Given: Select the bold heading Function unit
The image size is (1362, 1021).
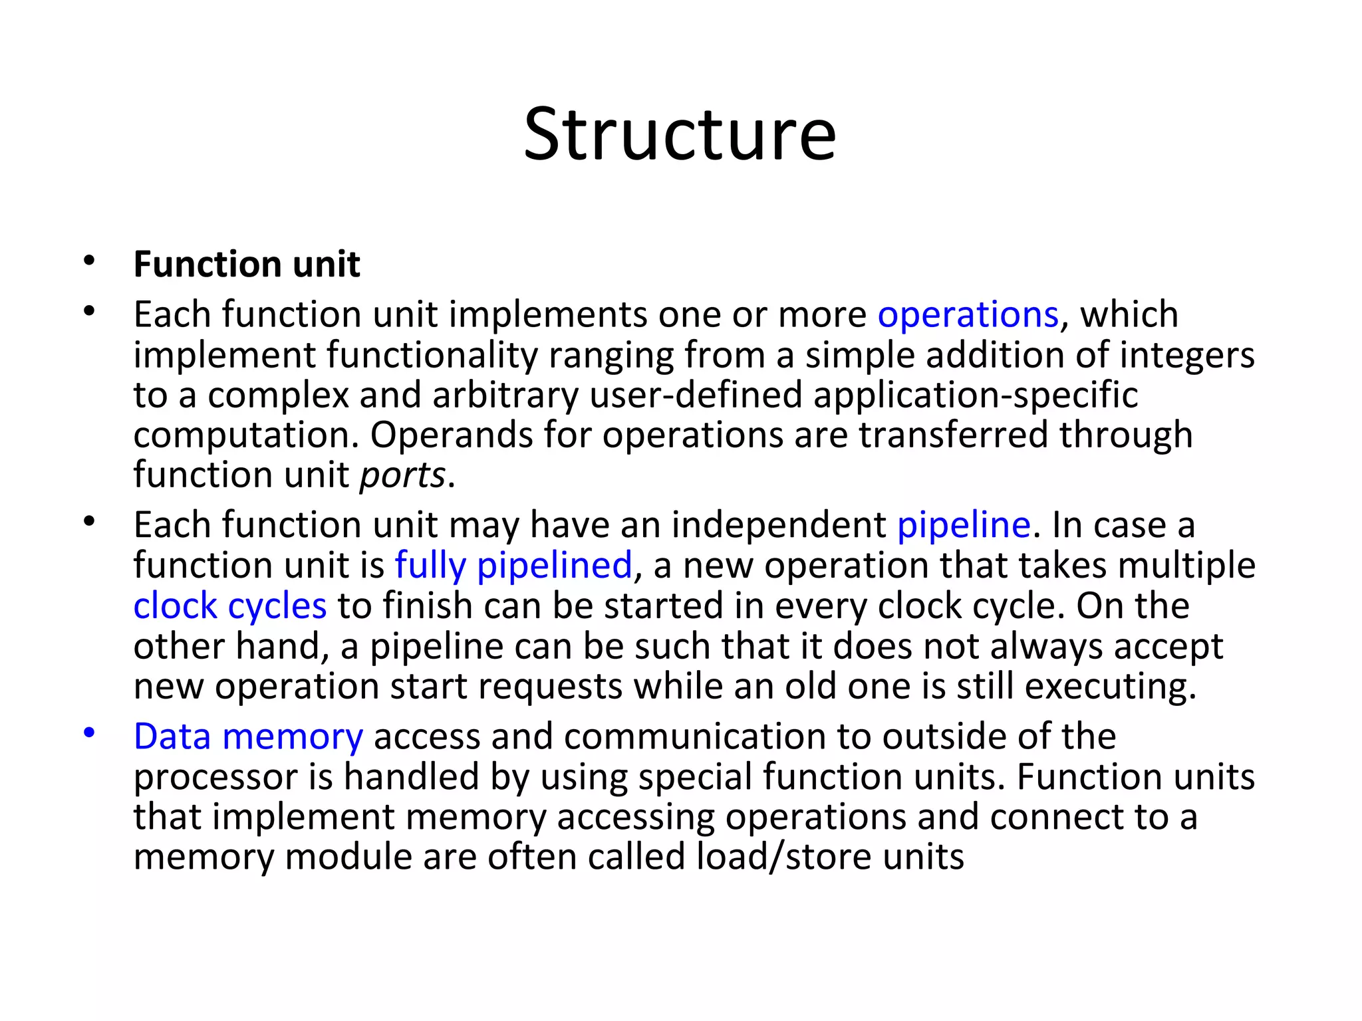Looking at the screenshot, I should coord(247,265).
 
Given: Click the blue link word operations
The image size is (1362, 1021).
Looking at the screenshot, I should coord(968,314).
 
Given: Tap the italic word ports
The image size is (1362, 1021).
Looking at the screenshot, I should coord(402,475).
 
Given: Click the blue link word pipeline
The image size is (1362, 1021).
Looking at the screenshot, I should coord(964,525).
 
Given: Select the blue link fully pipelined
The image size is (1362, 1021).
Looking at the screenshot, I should coord(513,566).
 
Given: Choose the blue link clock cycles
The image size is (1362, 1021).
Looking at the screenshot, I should coord(230,606).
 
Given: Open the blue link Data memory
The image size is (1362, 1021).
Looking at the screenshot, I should coord(248,737).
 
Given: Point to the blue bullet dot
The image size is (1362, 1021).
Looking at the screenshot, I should coord(90,733).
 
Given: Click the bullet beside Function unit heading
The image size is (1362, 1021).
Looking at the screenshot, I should coord(90,261).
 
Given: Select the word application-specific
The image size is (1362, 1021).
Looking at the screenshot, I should coord(976,395).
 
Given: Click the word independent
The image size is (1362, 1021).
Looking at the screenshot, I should coord(779,525).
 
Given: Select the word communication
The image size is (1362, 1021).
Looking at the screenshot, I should coord(694,737).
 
